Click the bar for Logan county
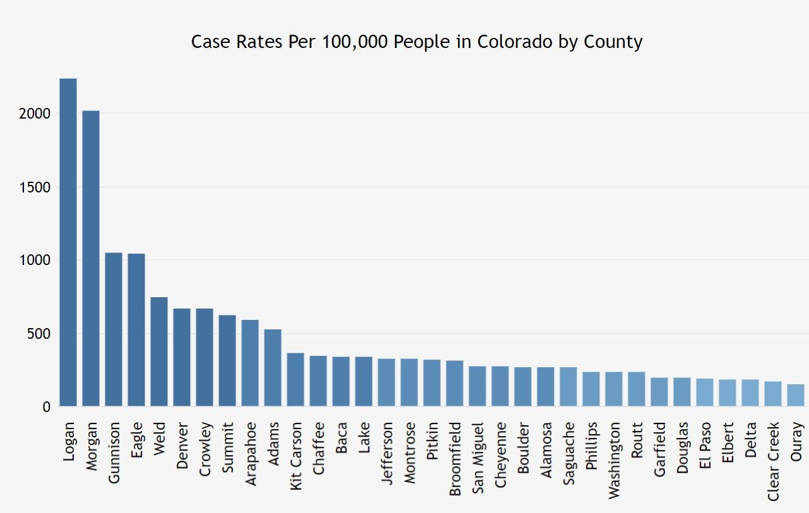pos(68,242)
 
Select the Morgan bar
pos(91,259)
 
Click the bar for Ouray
pos(796,396)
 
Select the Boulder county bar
pos(523,387)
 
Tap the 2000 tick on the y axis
pos(37,114)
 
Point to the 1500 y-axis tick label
pos(37,187)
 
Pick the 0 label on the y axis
pos(46,407)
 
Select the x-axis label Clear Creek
pos(774,461)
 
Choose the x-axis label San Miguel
pos(478,452)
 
